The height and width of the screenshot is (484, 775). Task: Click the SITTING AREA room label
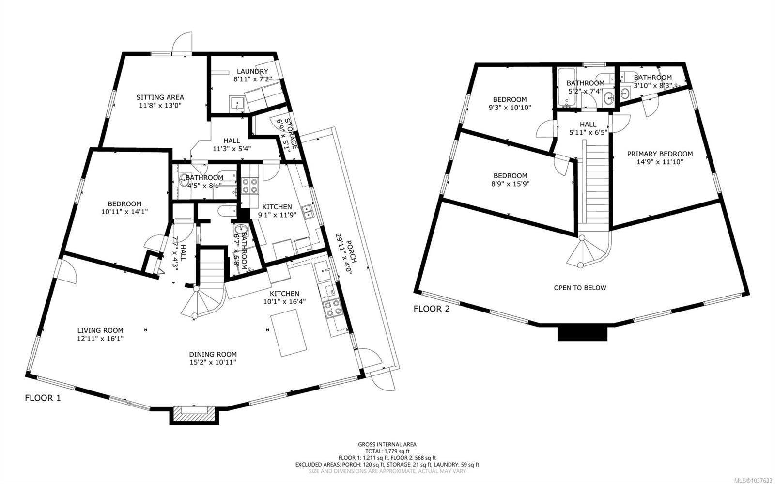[160, 97]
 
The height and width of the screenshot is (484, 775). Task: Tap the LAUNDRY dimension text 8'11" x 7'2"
[252, 79]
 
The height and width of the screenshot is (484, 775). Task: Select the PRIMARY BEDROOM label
[660, 154]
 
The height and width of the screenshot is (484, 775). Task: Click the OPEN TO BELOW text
[580, 287]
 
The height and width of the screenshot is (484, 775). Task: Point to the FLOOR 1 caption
[43, 398]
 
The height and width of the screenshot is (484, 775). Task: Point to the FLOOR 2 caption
[432, 309]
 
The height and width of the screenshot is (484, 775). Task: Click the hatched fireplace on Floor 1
[194, 414]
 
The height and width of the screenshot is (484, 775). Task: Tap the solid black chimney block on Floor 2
[582, 333]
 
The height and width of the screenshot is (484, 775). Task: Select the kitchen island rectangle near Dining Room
[289, 332]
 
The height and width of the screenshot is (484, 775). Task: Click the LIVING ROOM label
[100, 330]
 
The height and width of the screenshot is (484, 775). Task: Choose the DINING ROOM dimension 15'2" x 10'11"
[213, 362]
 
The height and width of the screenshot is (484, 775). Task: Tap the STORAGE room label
[292, 134]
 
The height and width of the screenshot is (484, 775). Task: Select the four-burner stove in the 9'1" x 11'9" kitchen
[250, 186]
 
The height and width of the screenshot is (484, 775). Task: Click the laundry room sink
[237, 103]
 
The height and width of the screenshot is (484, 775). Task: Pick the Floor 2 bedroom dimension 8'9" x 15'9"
[511, 184]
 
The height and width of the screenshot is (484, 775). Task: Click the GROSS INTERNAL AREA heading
[387, 444]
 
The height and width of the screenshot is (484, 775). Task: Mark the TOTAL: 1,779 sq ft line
[387, 451]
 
